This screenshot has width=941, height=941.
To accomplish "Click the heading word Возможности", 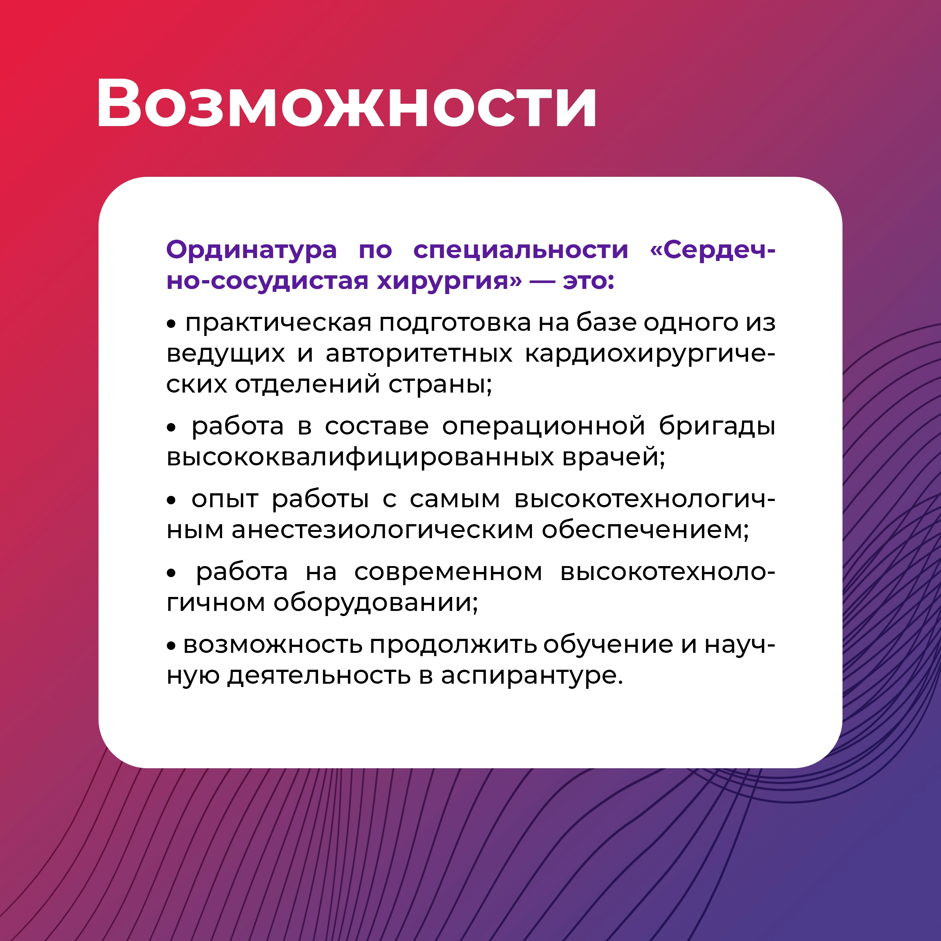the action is pyautogui.click(x=346, y=103).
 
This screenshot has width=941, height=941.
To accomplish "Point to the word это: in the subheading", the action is pyautogui.click(x=588, y=281).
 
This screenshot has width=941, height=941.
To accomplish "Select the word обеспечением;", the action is pyautogui.click(x=645, y=530).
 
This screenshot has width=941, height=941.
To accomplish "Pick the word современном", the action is pyautogui.click(x=448, y=572).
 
